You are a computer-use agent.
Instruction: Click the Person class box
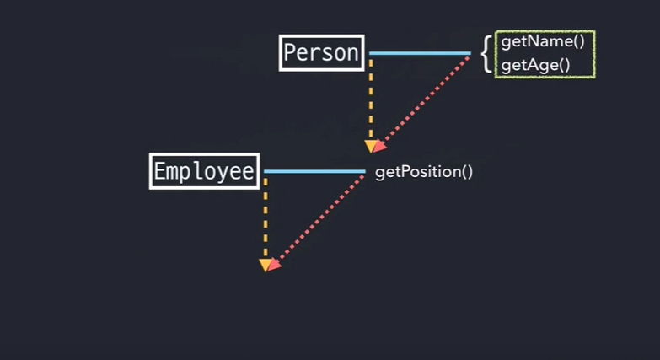click(x=321, y=52)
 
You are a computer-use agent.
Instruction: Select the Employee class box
click(x=204, y=171)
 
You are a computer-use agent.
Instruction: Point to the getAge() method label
click(x=530, y=64)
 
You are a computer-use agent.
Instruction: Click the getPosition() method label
click(x=424, y=172)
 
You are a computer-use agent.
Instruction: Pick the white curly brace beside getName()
click(x=486, y=53)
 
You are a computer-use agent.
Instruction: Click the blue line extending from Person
click(x=419, y=53)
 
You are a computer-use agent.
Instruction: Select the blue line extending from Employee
click(x=314, y=171)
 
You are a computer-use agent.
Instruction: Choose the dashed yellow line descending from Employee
click(x=265, y=215)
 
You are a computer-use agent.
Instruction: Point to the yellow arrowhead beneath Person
click(x=370, y=148)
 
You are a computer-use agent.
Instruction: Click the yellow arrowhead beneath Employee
click(x=265, y=266)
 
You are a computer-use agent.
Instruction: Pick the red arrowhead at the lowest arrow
click(x=273, y=265)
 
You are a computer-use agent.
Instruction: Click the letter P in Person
click(x=290, y=52)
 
